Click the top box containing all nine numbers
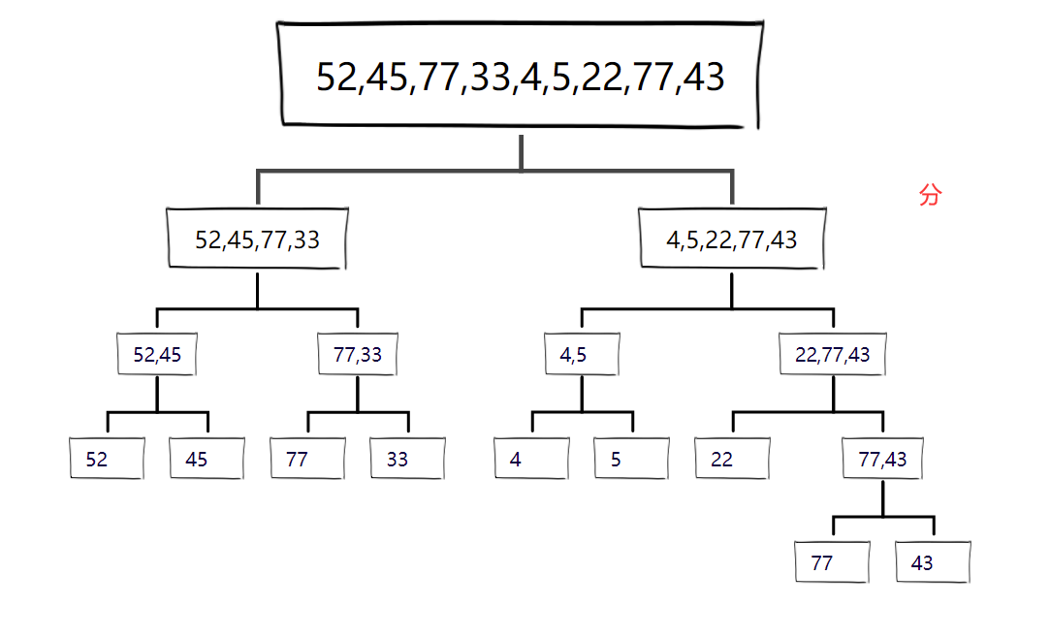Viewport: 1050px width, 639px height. coord(520,76)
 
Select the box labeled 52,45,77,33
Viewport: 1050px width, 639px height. coord(257,240)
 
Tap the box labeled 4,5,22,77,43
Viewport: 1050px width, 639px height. coord(732,240)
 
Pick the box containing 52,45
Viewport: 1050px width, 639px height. coord(157,355)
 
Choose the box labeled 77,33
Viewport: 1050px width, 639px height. coord(358,355)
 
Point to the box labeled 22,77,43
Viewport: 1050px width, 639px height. coord(833,355)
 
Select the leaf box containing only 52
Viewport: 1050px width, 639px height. coord(107,459)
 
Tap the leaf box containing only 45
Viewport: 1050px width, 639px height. coord(207,459)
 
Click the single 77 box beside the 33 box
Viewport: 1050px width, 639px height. coord(307,459)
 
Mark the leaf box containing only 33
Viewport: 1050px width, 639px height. coord(407,459)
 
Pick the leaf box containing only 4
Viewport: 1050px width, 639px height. coord(531,459)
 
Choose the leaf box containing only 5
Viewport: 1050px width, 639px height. coord(631,459)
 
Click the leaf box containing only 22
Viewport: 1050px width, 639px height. coord(732,459)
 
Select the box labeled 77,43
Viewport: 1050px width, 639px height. coord(882,459)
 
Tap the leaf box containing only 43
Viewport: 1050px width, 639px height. coord(933,562)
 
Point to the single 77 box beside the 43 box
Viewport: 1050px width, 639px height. coord(832,562)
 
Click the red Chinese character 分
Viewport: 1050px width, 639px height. coord(929,196)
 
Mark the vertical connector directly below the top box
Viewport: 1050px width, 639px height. coord(522,151)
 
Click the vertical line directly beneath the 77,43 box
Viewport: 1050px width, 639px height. coord(883,498)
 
